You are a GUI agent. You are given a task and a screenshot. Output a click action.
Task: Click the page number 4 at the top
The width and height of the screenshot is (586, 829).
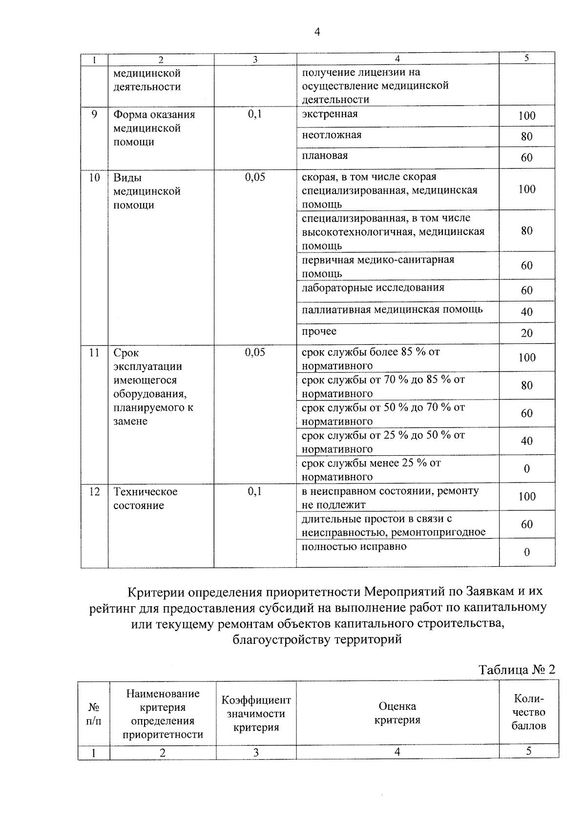[x=317, y=32]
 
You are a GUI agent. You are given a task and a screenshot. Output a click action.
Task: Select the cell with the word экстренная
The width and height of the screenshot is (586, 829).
[x=330, y=114]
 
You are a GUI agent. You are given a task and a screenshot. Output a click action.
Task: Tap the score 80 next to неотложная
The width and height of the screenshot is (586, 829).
[x=526, y=137]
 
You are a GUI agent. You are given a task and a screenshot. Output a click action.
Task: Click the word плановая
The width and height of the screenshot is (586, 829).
[x=325, y=156]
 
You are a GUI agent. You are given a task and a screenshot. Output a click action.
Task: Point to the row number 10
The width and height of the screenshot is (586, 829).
[x=94, y=177]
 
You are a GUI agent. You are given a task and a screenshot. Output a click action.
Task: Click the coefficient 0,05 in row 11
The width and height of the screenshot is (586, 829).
[x=255, y=352]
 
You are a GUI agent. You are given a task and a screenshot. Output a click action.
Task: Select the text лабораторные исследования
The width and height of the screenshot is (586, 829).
[x=373, y=287]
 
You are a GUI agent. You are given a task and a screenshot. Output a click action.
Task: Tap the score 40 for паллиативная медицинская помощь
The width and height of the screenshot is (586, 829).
[x=526, y=312]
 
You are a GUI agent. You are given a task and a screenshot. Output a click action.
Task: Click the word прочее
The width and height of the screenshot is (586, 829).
[x=319, y=331]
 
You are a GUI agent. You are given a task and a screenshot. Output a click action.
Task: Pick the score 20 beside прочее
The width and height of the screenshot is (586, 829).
[x=526, y=333]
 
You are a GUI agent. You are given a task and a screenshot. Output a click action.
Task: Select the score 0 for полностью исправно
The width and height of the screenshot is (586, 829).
[x=526, y=553]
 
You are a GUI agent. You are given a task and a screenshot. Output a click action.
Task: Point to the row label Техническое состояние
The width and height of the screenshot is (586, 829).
[x=146, y=498]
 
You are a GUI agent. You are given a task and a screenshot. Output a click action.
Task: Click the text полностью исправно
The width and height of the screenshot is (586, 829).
[x=354, y=547]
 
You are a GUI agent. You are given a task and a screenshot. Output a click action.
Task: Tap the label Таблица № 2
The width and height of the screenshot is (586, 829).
[x=517, y=669]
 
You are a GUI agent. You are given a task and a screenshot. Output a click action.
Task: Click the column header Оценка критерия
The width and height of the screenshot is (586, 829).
[x=397, y=713]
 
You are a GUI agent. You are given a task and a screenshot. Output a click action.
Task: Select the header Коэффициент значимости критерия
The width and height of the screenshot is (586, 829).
[x=256, y=714]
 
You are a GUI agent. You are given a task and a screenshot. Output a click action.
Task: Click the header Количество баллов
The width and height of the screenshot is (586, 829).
[x=528, y=712]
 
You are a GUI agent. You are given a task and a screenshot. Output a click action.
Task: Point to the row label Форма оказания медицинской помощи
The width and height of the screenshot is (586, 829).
[x=154, y=128]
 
